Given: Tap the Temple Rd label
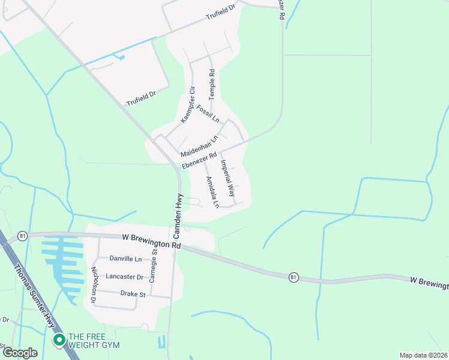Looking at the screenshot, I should [x=211, y=85].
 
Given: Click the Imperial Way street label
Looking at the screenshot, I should [x=226, y=178].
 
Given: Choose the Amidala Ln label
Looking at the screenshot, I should [x=212, y=192].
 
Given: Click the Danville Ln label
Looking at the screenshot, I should [x=126, y=259].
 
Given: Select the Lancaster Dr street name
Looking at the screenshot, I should [x=124, y=277].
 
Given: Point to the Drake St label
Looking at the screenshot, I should [x=133, y=294].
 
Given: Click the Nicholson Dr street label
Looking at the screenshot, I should [x=94, y=284].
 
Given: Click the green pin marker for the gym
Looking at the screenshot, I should [x=59, y=340].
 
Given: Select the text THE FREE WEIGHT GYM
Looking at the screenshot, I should [x=94, y=341].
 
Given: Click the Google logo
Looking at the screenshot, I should [x=20, y=353].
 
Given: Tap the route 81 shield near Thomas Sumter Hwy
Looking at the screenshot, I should [x=22, y=235].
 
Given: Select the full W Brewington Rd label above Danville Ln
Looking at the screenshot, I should [x=151, y=241].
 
